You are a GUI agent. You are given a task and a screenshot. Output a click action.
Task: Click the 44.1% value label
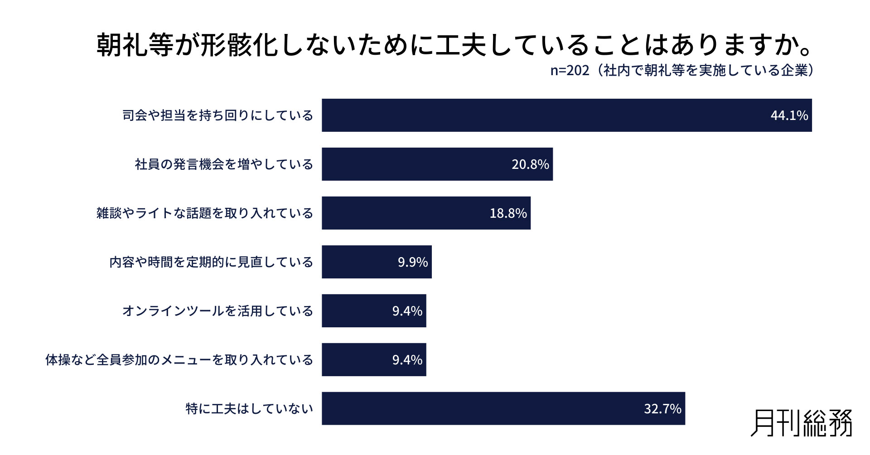tap(789, 115)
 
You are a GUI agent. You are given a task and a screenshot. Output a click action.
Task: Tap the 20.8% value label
tap(530, 164)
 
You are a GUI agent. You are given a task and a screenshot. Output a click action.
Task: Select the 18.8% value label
tap(508, 213)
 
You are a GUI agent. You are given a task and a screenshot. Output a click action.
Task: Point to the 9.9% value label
tap(412, 262)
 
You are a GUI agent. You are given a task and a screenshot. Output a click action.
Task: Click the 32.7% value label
tap(662, 409)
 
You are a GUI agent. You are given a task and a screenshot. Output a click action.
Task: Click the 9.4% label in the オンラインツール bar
tap(407, 311)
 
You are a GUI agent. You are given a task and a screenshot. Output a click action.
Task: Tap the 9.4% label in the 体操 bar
tap(407, 360)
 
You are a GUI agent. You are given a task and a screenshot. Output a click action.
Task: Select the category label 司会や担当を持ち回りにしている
tap(217, 115)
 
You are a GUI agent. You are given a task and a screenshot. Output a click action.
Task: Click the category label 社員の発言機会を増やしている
tap(224, 164)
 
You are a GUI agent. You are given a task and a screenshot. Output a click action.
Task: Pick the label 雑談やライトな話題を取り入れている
tap(204, 213)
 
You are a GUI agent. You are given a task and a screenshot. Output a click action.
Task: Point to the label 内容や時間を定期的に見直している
tap(211, 262)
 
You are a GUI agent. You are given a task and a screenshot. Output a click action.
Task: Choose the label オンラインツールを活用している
tap(217, 311)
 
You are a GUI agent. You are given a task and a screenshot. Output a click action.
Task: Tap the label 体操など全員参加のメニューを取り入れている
tap(179, 360)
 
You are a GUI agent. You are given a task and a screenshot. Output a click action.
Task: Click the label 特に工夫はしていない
tap(249, 409)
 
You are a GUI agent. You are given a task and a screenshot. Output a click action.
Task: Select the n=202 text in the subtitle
tap(570, 71)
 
